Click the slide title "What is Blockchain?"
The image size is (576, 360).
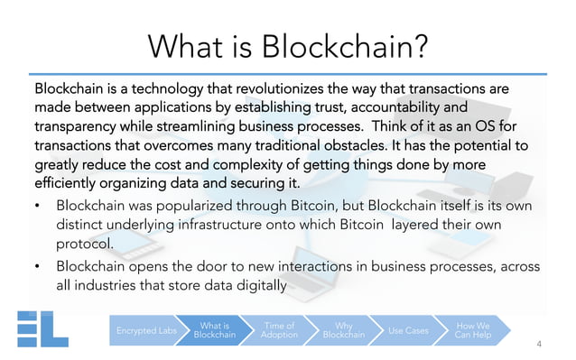click(288, 45)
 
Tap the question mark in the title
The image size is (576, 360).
click(417, 45)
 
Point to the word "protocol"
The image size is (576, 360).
click(86, 244)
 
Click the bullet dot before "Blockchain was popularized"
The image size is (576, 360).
click(37, 206)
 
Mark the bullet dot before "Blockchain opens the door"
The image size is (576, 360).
click(37, 267)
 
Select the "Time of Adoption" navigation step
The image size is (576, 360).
click(279, 330)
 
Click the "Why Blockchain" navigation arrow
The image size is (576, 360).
click(343, 330)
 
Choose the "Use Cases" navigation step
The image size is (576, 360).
click(407, 330)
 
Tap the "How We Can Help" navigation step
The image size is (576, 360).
click(472, 330)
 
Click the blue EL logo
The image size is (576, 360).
click(43, 329)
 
